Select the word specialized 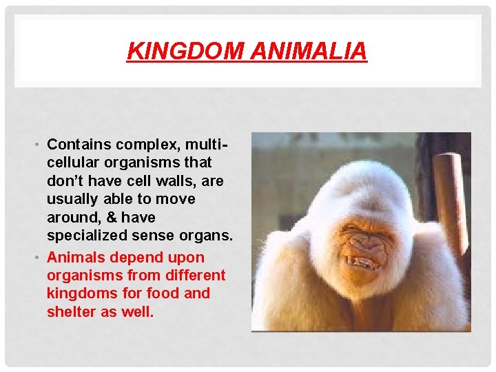click(85, 236)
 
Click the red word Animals click(74, 258)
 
